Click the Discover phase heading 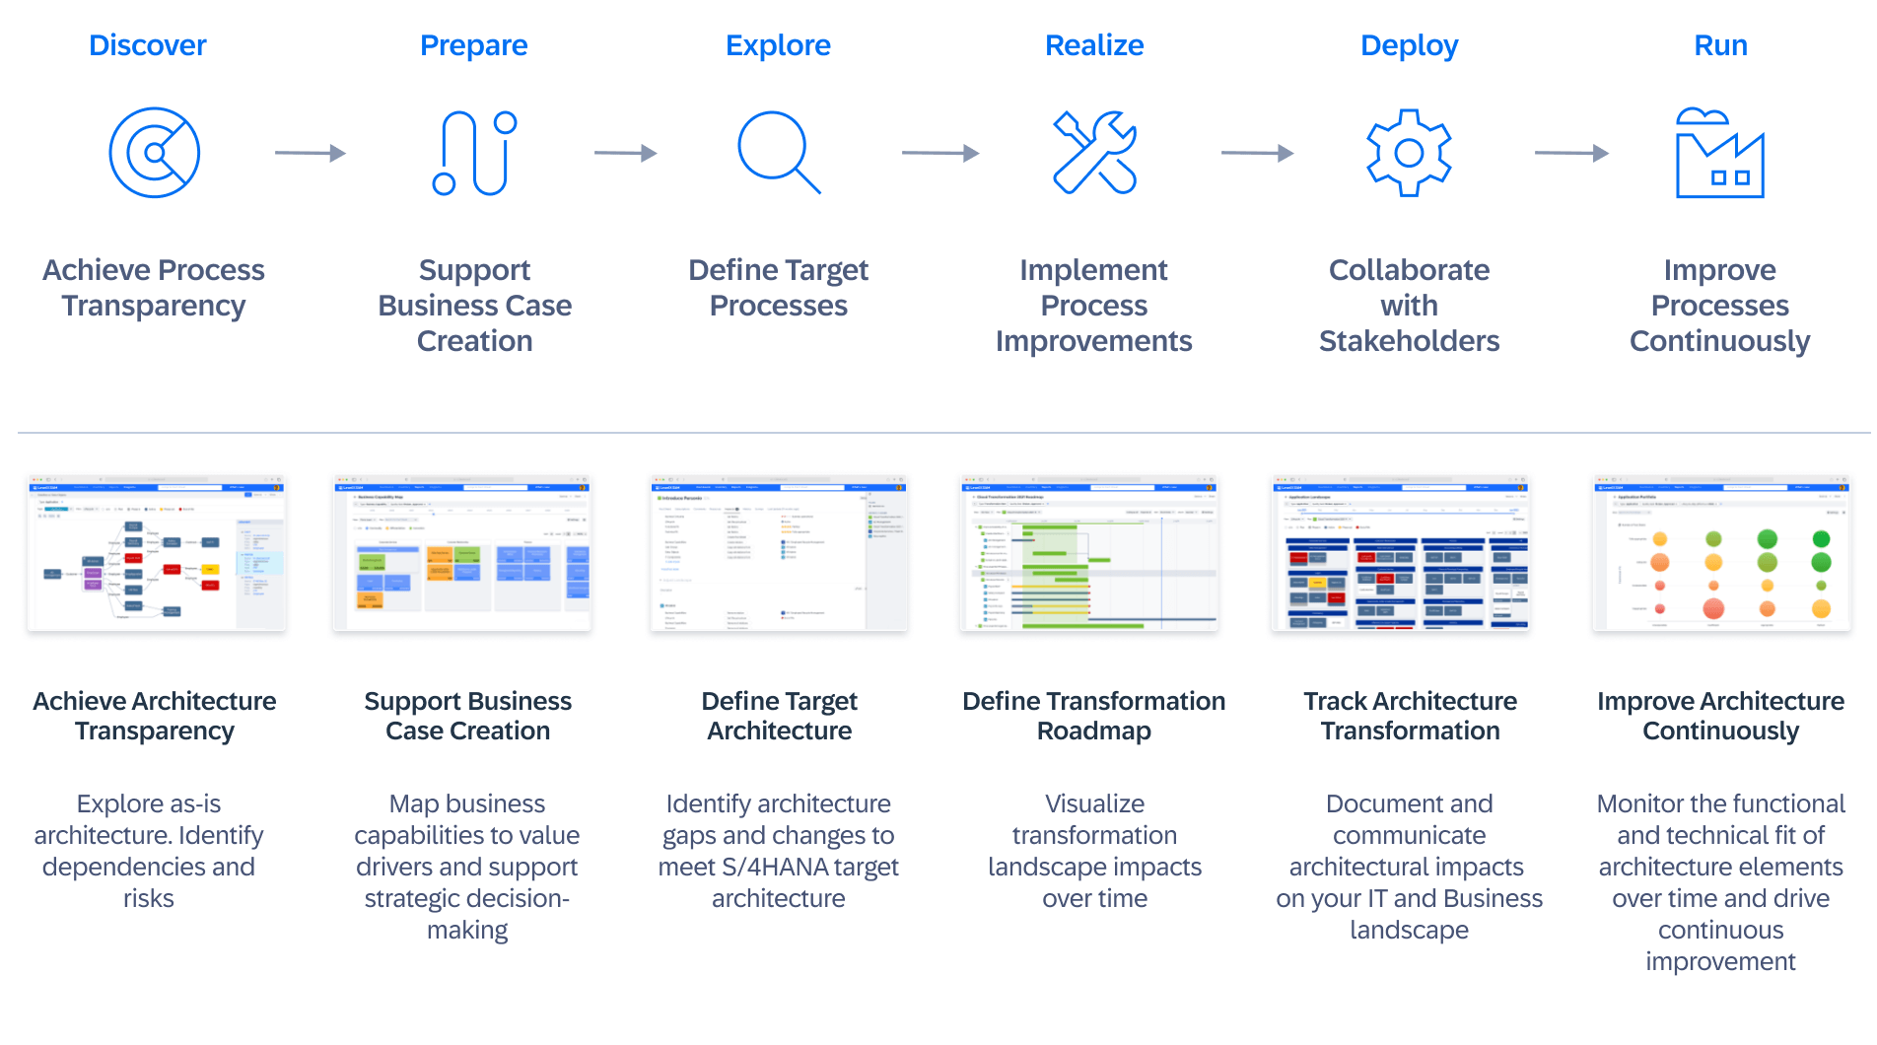[148, 45]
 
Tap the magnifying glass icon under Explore [778, 152]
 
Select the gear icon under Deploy [1409, 153]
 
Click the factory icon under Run [1719, 154]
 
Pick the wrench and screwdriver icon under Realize [1094, 153]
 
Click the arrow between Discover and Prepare [310, 153]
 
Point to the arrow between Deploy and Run [1571, 153]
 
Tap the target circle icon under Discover [155, 153]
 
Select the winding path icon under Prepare [474, 153]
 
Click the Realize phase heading [1094, 45]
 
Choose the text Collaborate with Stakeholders [1409, 306]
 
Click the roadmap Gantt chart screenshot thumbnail [1089, 553]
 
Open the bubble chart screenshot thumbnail [1720, 553]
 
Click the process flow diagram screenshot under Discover [157, 553]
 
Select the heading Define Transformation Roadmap [1094, 716]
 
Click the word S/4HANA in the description [767, 868]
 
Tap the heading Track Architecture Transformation [1410, 716]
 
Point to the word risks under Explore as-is [149, 899]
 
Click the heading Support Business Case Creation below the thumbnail [467, 716]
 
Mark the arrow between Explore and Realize [939, 153]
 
